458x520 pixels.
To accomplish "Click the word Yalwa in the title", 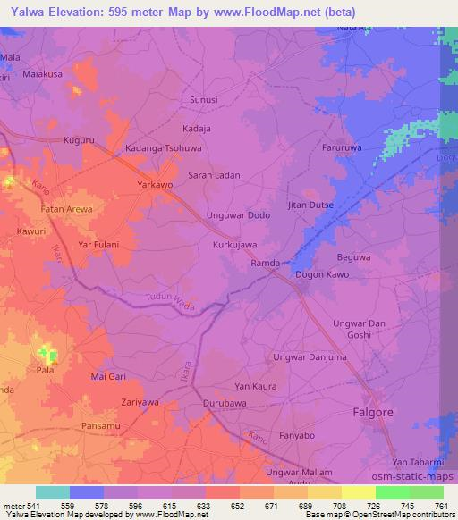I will [22, 13].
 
